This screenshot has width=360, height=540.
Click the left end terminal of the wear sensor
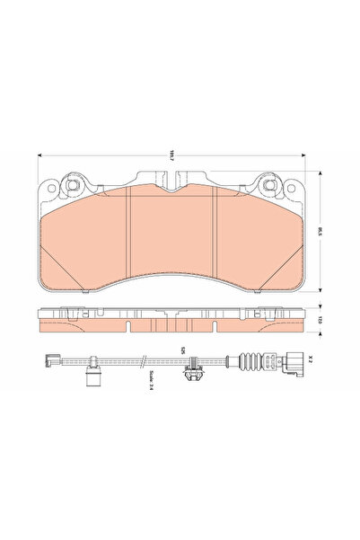(x=45, y=363)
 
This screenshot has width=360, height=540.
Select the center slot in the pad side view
(x=171, y=324)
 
